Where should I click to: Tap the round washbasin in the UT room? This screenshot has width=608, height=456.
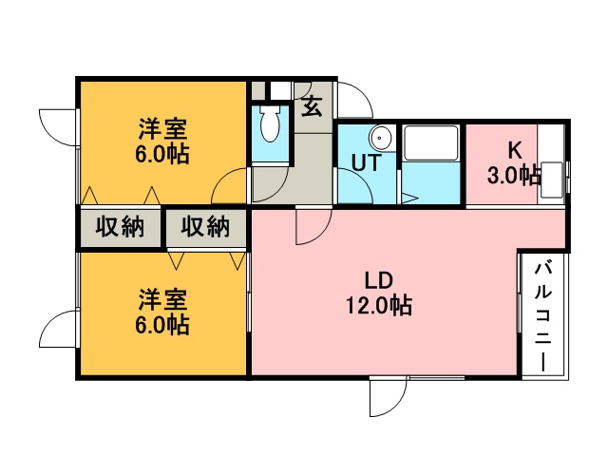click(380, 138)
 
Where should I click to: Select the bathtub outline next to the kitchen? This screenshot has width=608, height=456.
click(430, 142)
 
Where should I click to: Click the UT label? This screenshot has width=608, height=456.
click(367, 162)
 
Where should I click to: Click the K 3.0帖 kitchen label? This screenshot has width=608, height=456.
click(514, 162)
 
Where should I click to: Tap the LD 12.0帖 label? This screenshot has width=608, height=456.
click(379, 293)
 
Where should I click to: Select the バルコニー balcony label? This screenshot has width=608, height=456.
click(542, 316)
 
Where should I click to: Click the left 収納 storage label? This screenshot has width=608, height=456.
click(120, 226)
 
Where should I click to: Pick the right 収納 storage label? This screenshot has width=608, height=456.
click(205, 226)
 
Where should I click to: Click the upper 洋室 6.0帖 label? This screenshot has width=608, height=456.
click(162, 142)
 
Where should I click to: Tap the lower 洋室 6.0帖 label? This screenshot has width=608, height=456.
click(162, 312)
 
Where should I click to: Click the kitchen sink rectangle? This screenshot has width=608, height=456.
click(552, 180)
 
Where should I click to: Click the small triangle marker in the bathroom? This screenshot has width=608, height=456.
click(409, 199)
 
